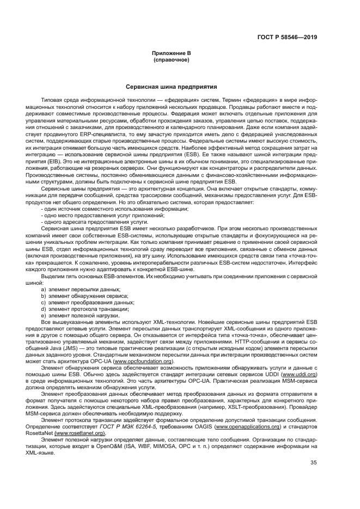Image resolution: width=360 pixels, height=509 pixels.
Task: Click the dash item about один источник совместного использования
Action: [115, 210]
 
